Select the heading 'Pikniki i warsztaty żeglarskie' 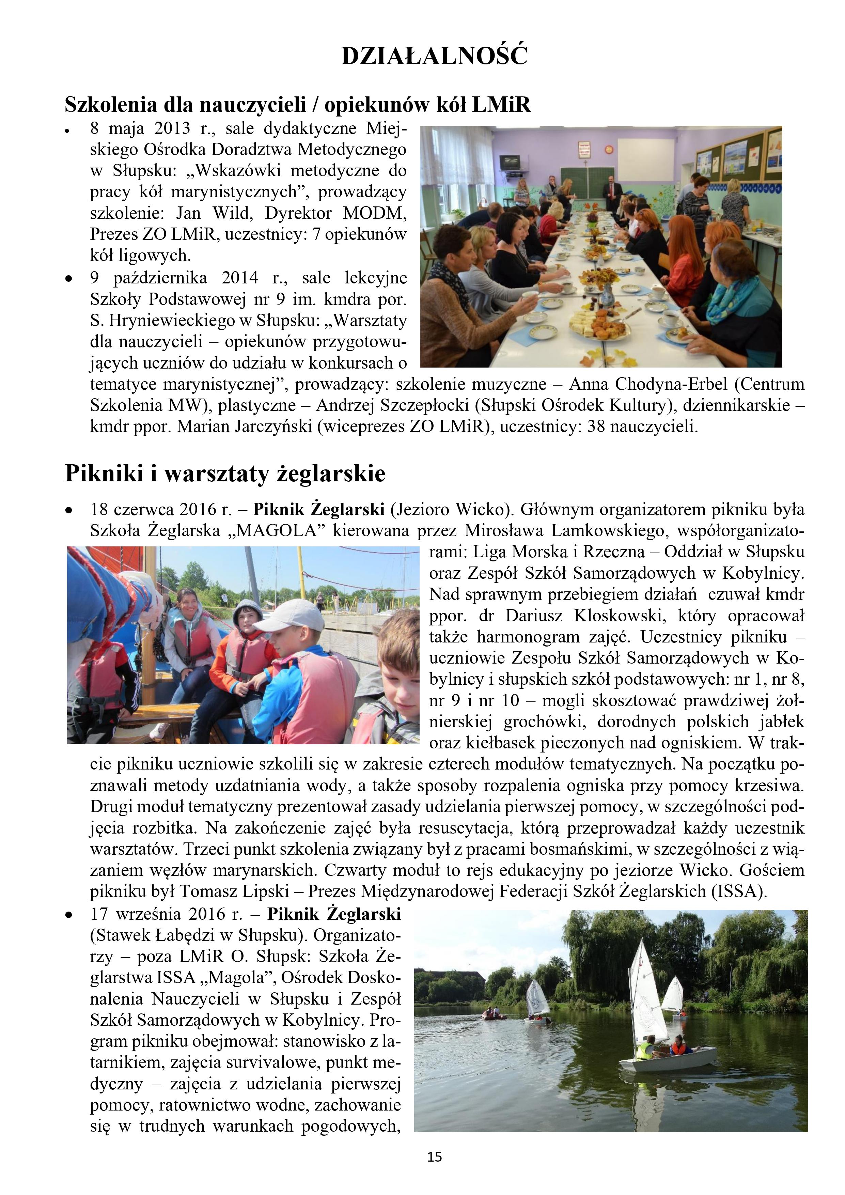(x=225, y=474)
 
